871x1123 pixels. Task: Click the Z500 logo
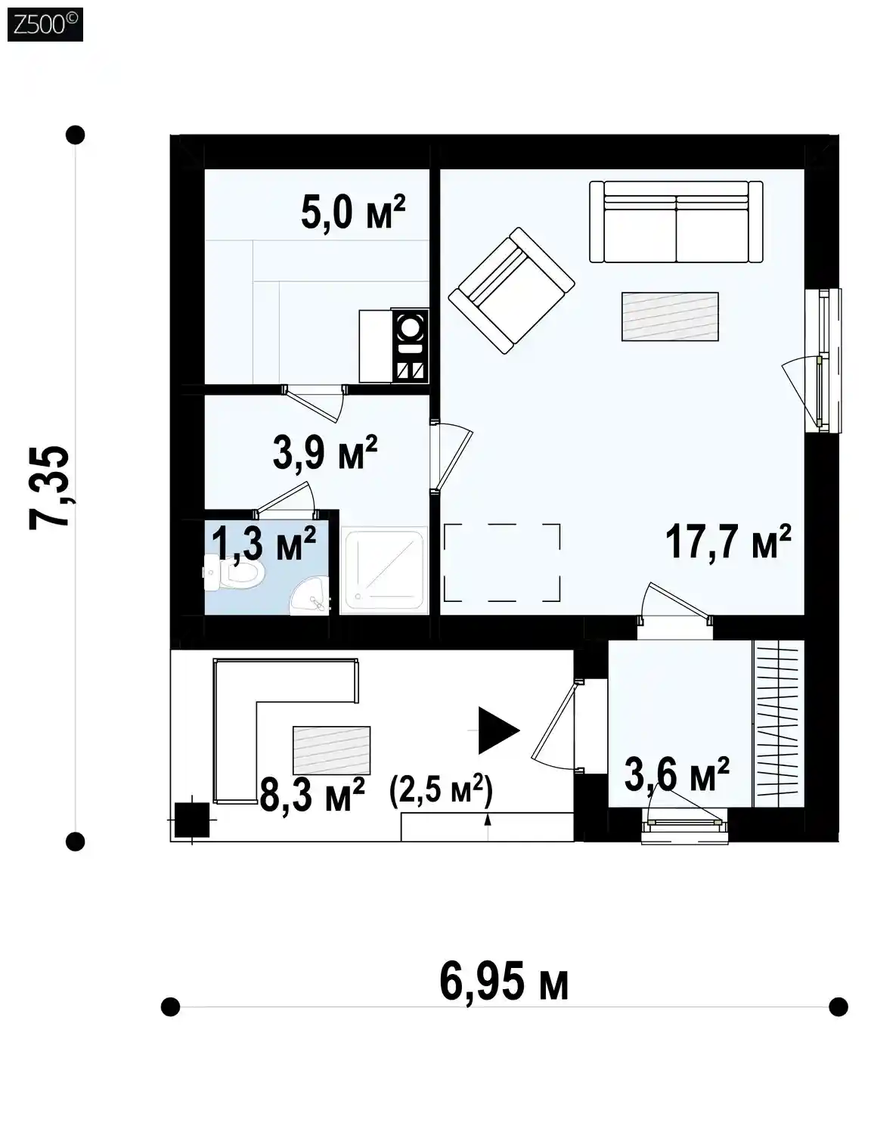point(45,24)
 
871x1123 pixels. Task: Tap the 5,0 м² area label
point(353,213)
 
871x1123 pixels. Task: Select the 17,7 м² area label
point(728,541)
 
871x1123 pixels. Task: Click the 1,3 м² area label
point(263,544)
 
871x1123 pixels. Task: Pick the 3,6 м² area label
point(677,774)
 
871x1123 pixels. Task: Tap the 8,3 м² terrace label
point(312,796)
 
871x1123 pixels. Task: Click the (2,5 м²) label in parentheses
point(441,790)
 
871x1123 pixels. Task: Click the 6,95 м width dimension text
point(504,981)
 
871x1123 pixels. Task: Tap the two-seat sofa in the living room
point(676,222)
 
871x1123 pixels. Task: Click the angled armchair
point(511,290)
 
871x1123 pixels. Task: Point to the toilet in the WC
point(234,572)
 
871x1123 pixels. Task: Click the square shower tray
point(384,570)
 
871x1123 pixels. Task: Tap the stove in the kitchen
point(411,346)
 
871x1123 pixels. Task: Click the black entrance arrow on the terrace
point(498,731)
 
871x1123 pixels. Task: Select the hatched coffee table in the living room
point(670,316)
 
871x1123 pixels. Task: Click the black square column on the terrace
point(192,820)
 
